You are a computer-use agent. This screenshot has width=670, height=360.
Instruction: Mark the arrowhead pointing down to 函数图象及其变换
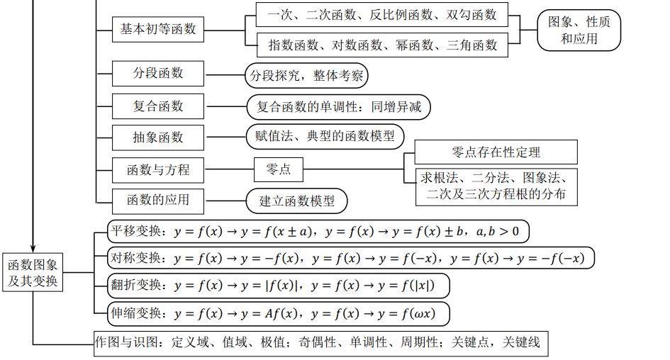coord(33,249)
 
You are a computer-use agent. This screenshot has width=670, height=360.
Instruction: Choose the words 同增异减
coord(396,106)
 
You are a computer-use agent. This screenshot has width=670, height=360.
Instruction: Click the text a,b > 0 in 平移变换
coord(498,232)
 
